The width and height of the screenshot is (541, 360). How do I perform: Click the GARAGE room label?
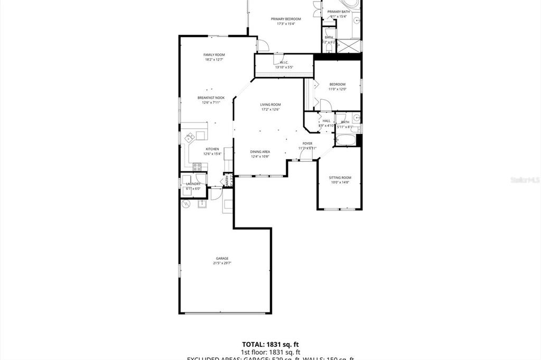point(221,258)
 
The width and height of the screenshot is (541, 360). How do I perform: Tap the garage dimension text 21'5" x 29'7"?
point(221,263)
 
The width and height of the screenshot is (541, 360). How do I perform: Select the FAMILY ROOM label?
point(214,55)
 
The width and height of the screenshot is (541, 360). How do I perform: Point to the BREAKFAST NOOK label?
point(211,98)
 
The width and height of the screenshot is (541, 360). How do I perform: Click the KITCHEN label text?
point(212,149)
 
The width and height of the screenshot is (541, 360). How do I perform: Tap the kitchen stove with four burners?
point(197,167)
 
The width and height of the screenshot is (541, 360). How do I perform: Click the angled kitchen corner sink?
point(189,138)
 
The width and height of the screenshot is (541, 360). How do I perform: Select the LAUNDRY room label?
point(193,184)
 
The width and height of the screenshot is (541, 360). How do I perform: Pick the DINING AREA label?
point(260,151)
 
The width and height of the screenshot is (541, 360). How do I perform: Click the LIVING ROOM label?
point(270,105)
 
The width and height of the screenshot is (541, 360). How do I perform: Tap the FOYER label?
point(307,144)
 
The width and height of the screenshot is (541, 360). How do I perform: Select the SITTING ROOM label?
point(340,177)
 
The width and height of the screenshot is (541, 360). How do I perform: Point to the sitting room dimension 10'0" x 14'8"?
point(340,182)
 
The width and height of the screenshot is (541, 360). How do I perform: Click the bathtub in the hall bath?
point(346,140)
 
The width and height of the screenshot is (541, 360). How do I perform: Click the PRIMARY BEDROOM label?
point(286,18)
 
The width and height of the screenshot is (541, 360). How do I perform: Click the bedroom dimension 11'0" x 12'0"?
point(337,89)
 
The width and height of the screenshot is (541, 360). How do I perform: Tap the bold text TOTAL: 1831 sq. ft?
point(270,344)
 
